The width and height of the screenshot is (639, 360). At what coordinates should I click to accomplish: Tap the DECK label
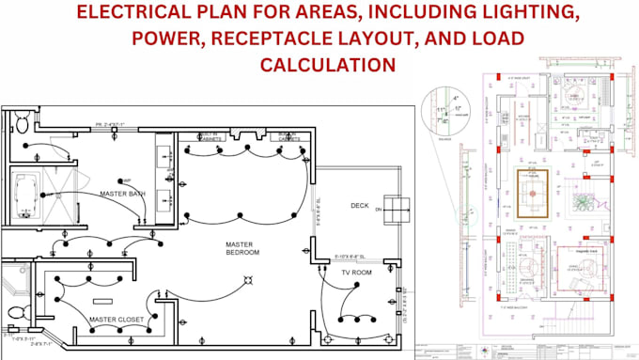[360, 206]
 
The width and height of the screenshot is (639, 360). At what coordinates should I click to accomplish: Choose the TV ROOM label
[356, 273]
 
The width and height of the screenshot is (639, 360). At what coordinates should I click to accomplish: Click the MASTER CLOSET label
[117, 320]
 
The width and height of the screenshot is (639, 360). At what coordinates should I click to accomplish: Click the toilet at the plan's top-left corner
[18, 121]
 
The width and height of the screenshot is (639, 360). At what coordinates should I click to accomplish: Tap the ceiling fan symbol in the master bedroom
[248, 279]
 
